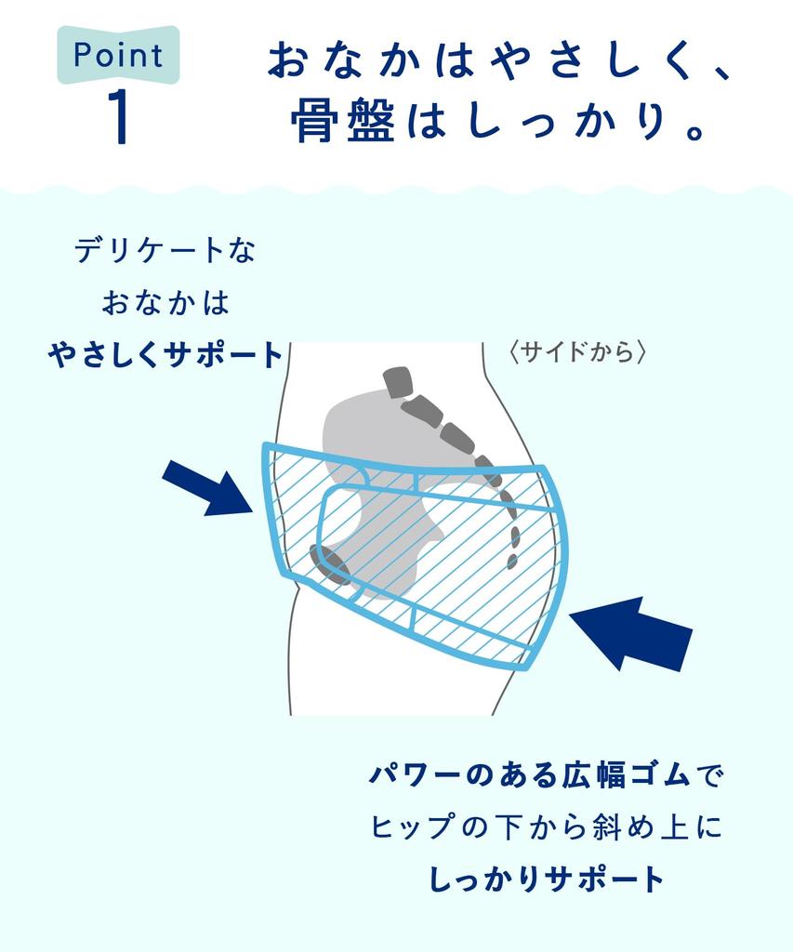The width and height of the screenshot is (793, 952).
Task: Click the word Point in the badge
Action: (118, 55)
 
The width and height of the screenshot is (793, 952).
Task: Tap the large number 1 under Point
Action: (119, 118)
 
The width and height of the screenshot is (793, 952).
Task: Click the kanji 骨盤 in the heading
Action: (343, 121)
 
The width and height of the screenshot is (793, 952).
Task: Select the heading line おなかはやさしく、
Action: (498, 60)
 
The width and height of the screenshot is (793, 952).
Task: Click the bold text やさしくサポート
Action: (165, 354)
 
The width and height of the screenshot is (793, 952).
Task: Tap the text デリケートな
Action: (165, 250)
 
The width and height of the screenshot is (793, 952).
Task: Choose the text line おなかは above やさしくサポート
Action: (165, 302)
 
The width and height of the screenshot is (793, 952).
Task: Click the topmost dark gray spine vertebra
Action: (399, 382)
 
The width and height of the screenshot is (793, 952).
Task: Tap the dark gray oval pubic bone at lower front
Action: (330, 564)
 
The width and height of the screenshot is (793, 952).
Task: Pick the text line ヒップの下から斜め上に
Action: (547, 826)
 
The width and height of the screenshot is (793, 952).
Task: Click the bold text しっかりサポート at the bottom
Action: (547, 879)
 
